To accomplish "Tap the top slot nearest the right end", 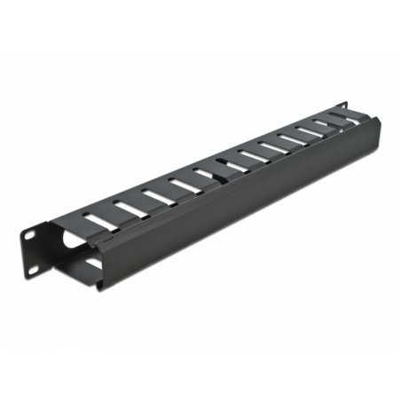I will point(339,116).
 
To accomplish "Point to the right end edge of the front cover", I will point(380,142).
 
